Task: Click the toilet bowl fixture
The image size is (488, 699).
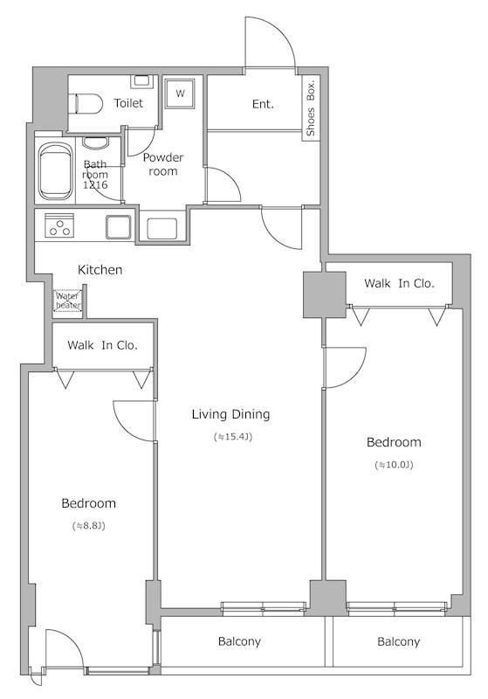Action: (x=87, y=104)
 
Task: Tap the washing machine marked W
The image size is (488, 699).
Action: (x=180, y=93)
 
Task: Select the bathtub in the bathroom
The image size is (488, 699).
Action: (x=56, y=171)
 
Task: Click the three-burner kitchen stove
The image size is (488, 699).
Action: (x=59, y=225)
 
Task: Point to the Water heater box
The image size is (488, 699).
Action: (x=68, y=301)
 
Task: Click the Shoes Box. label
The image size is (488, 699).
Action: (x=311, y=107)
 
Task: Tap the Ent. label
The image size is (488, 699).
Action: (x=263, y=104)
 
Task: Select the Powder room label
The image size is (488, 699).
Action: (x=163, y=164)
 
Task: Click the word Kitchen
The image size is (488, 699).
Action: (x=100, y=270)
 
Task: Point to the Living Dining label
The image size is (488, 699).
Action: (x=230, y=414)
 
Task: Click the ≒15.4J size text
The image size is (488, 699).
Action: (x=233, y=437)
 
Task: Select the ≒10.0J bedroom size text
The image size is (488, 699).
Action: (x=394, y=465)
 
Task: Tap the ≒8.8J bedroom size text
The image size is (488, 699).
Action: (x=88, y=526)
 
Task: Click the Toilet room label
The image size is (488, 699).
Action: (x=128, y=103)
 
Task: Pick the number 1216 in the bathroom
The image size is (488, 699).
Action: (x=95, y=184)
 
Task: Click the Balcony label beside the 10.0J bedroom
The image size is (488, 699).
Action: (x=398, y=641)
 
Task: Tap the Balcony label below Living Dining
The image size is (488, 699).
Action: (x=239, y=641)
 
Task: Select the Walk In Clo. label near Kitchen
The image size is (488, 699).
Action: (x=102, y=345)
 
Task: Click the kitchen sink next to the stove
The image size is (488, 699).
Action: (x=119, y=227)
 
